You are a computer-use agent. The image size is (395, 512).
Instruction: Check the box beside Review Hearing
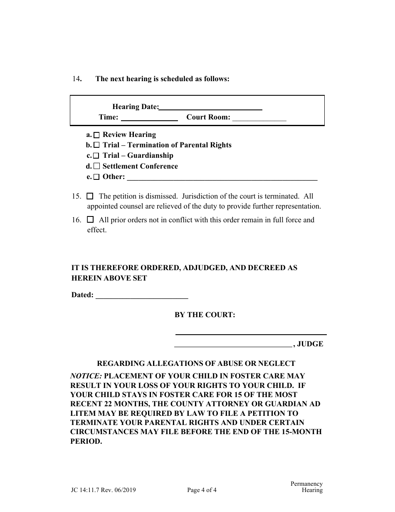pos(96,135)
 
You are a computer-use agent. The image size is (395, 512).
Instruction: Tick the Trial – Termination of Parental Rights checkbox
pos(96,146)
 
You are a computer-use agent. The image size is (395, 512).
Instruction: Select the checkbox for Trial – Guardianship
pos(96,156)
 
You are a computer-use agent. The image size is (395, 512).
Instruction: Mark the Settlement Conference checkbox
pos(96,167)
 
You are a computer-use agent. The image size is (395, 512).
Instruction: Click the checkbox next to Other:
pos(96,177)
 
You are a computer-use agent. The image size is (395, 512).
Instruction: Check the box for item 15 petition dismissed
pos(90,196)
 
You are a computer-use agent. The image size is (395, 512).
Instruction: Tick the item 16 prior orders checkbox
pos(90,219)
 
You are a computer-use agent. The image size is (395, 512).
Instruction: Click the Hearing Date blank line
pos(210,108)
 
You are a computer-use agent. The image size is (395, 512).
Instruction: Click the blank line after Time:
pos(149,118)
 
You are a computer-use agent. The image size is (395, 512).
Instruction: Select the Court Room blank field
pos(259,118)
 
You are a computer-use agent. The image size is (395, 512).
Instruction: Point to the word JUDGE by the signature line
pos(310,344)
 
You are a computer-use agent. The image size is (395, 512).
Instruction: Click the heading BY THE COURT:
pos(205,315)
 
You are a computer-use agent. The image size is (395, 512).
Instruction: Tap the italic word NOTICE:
pos(86,376)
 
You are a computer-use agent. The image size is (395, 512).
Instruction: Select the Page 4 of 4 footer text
pos(202,490)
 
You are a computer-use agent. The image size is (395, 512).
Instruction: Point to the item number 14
pos(76,79)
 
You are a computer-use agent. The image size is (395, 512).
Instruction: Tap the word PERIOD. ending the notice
pos(86,442)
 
